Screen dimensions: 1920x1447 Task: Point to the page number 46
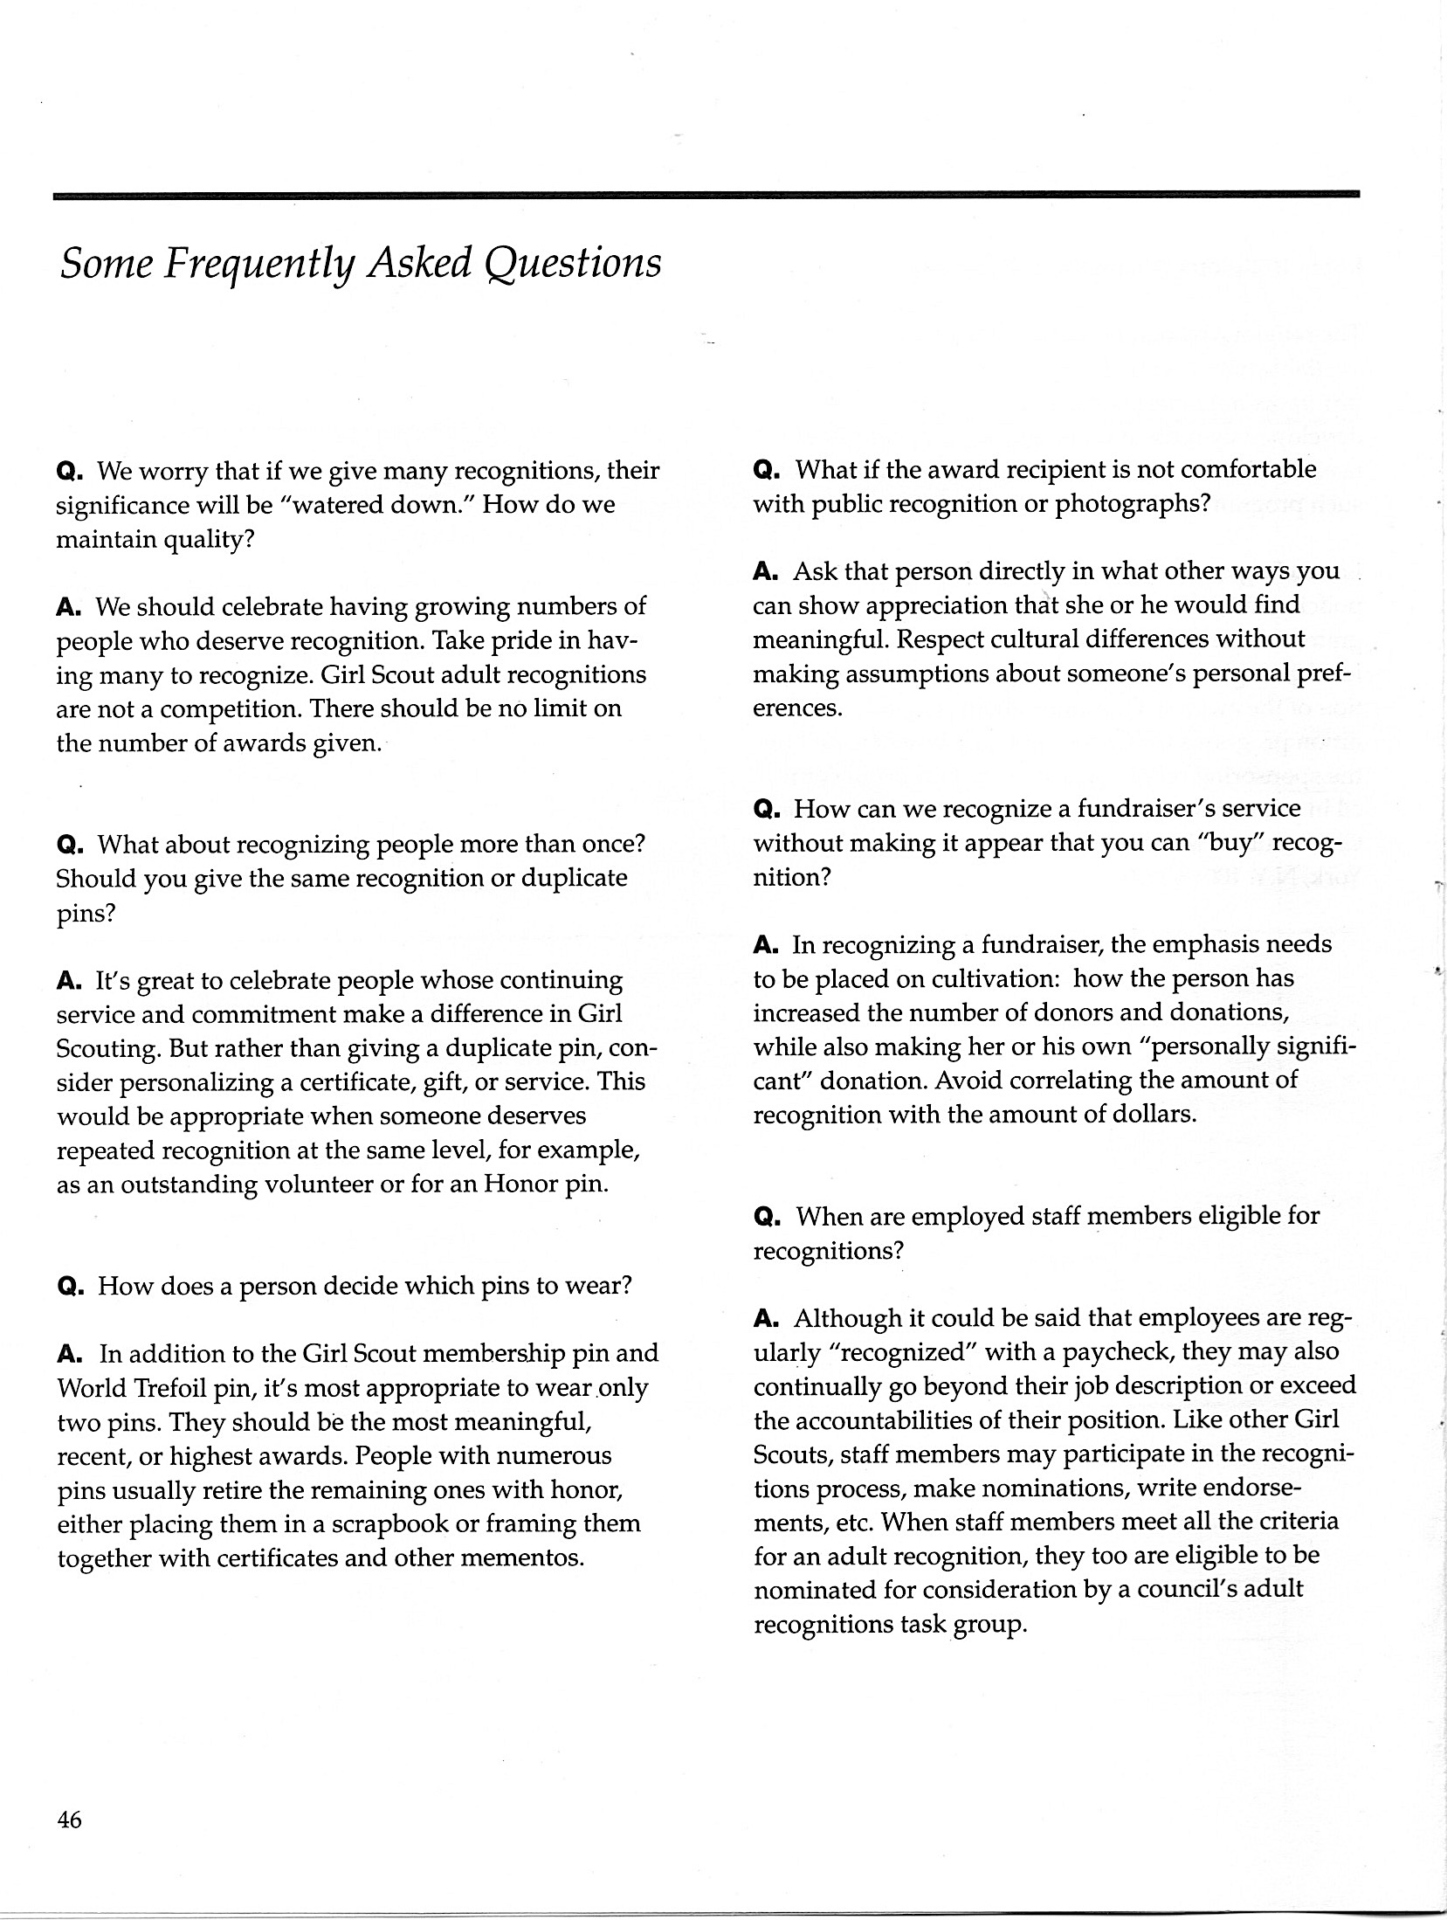(69, 1820)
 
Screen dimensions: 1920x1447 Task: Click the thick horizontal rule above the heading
(706, 195)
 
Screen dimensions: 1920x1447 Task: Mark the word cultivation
(983, 978)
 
